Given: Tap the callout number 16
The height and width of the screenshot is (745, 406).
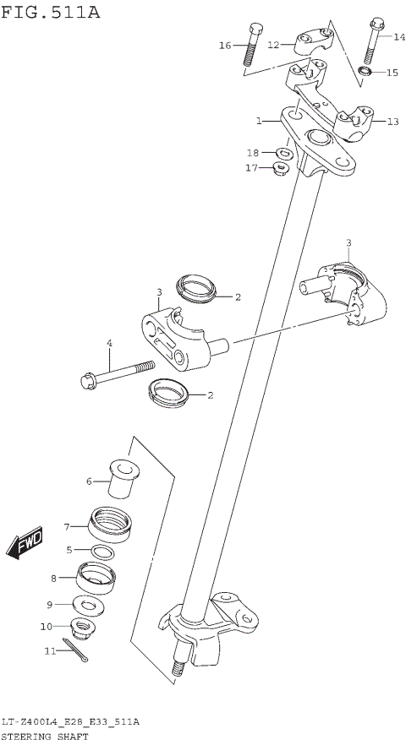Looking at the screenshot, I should (224, 45).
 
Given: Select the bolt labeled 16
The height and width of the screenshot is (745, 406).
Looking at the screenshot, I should (250, 48).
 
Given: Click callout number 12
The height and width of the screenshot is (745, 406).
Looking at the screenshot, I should (273, 45).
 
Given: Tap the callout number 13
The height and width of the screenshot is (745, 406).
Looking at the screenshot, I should (392, 122).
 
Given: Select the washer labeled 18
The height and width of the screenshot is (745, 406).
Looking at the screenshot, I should (284, 153).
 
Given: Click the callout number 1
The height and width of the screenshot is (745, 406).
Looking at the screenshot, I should (261, 122).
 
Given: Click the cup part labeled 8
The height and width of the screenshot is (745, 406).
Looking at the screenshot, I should (96, 577).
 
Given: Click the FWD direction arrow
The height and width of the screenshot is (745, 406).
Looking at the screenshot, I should (25, 544).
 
